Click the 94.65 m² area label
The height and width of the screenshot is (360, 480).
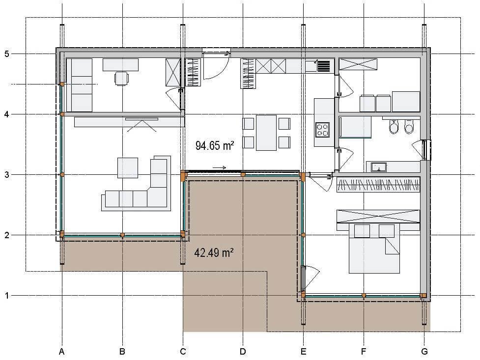click(x=215, y=145)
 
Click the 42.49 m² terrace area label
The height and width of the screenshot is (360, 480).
click(x=214, y=253)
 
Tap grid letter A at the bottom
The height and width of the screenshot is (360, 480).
click(x=62, y=352)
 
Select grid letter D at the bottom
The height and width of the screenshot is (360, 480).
click(x=243, y=352)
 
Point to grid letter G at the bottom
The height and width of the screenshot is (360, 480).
click(x=424, y=352)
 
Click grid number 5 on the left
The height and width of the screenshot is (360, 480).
click(x=7, y=54)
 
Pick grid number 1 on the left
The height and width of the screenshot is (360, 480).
click(x=7, y=296)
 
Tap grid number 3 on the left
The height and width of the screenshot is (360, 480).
click(x=7, y=175)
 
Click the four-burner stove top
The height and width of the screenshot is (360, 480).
click(x=323, y=130)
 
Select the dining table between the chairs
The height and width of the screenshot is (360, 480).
click(x=266, y=133)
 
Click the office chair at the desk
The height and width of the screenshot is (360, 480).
click(x=121, y=78)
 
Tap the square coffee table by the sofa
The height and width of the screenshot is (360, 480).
click(x=128, y=168)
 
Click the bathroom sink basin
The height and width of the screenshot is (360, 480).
click(x=379, y=167)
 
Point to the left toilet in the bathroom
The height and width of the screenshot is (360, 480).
click(x=394, y=126)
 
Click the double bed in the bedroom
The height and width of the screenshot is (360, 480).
click(x=374, y=248)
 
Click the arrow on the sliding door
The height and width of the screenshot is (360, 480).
click(x=220, y=168)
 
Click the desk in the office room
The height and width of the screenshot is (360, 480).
click(x=120, y=65)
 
